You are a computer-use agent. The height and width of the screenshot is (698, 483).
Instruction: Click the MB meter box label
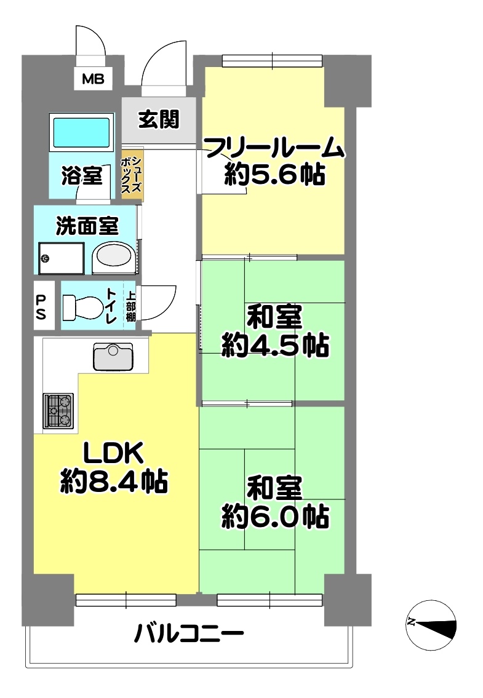(93, 79)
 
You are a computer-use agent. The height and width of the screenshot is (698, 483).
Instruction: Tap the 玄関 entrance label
(159, 119)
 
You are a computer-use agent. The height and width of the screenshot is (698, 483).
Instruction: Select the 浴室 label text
(82, 175)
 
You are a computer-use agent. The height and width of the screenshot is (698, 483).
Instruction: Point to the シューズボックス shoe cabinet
(132, 175)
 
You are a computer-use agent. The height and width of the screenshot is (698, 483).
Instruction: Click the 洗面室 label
(87, 226)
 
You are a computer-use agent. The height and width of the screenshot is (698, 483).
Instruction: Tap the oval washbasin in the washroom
(114, 258)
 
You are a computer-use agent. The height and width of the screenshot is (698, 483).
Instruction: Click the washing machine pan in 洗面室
(62, 258)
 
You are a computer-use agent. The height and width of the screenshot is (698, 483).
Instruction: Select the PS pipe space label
(41, 306)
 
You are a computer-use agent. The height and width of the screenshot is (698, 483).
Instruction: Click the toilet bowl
(83, 307)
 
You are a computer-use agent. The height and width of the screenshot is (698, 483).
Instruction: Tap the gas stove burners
(58, 411)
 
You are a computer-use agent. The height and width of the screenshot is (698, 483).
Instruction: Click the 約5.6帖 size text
(274, 174)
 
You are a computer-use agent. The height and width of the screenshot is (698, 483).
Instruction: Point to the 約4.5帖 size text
(276, 344)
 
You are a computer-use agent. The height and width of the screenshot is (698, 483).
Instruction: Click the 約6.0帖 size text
(276, 516)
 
